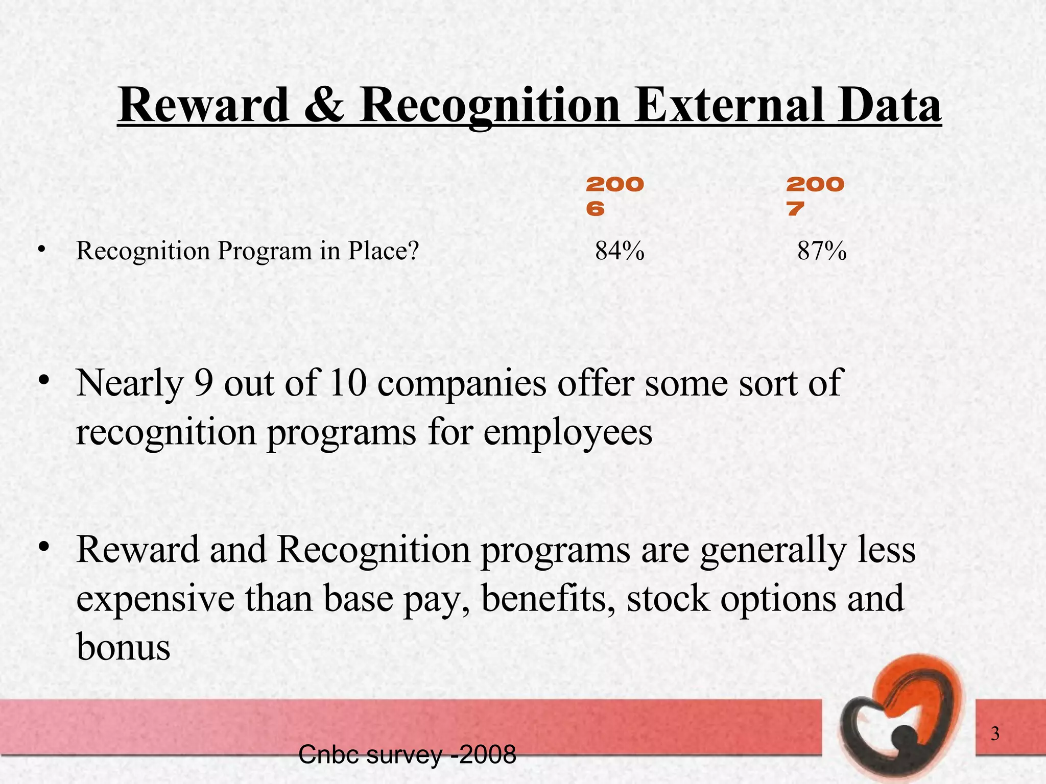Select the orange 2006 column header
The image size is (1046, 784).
click(614, 196)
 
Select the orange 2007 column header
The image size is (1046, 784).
click(815, 196)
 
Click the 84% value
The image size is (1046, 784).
click(620, 251)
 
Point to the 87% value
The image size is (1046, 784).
click(822, 251)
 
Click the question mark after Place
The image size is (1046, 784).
click(413, 251)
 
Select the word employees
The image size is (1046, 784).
click(567, 433)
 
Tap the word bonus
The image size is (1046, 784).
click(123, 647)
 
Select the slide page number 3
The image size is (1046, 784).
click(995, 734)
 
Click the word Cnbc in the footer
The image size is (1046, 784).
click(327, 755)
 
